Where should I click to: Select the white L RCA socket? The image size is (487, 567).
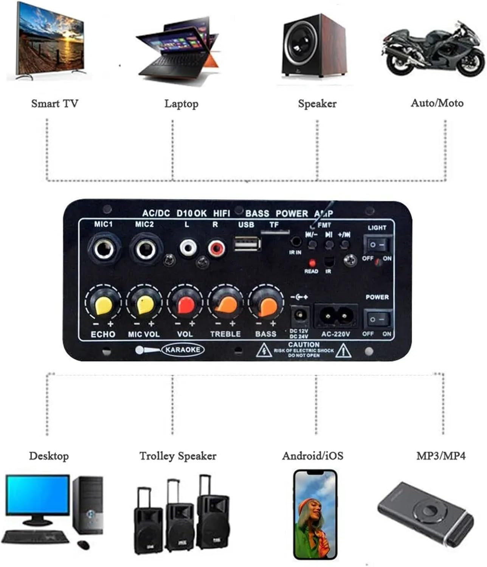pos(188,248)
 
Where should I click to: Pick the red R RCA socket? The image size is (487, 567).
pos(216,248)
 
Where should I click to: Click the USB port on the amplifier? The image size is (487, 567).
pos(247,244)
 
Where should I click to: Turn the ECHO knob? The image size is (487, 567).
pos(103,305)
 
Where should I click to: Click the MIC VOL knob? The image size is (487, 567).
pos(144,305)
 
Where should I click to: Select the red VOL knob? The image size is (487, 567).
pos(185,305)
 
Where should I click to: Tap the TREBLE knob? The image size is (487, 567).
pos(226,305)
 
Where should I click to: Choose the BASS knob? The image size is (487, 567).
pos(266,305)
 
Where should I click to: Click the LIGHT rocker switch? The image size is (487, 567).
pos(378,245)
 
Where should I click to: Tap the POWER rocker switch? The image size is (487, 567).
pos(378,319)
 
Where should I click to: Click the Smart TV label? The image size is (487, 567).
pos(54,103)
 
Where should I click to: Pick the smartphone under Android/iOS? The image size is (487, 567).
pos(315,514)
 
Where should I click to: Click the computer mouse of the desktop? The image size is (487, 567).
pos(84,545)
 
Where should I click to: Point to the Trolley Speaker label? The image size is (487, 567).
pos(178,456)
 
